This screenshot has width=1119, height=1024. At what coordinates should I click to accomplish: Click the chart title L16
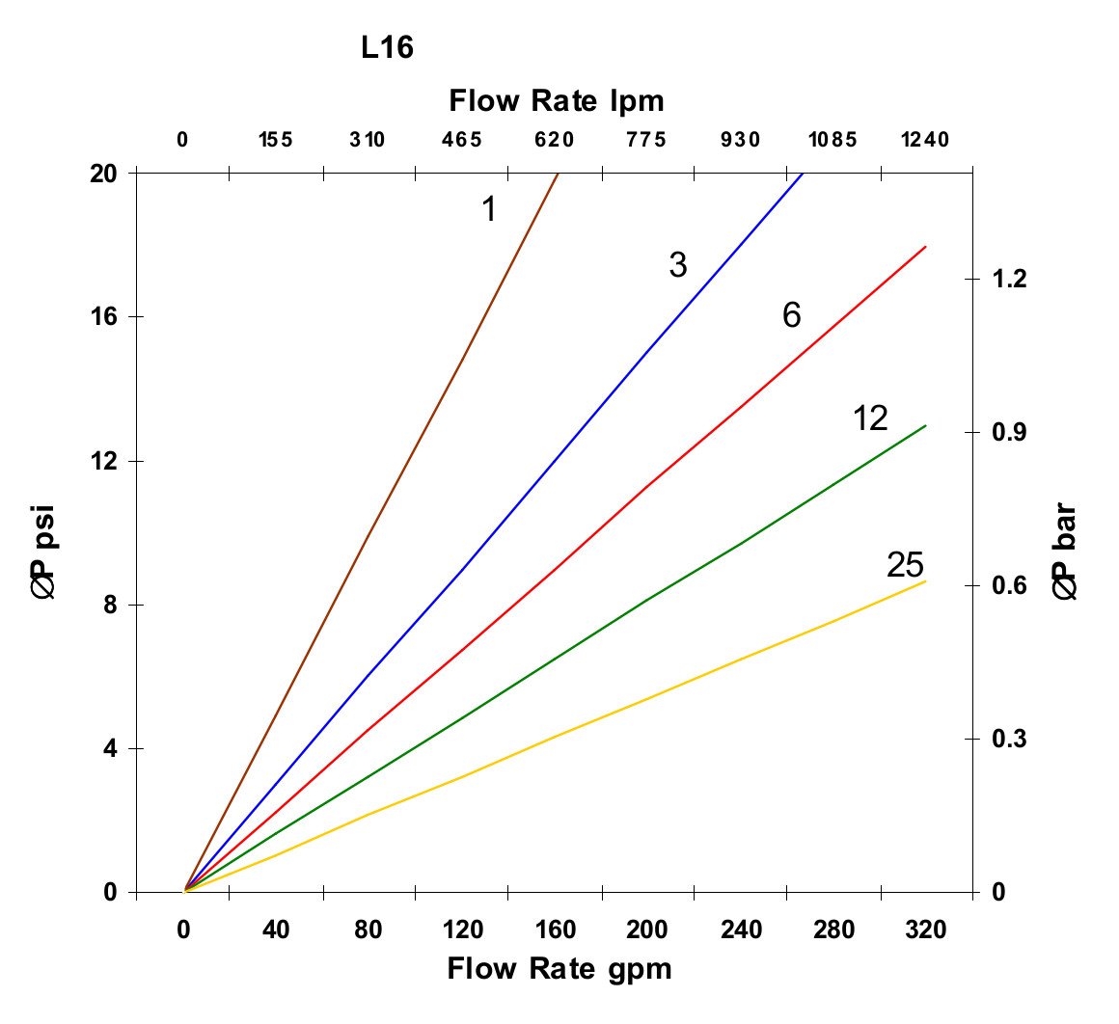point(388,48)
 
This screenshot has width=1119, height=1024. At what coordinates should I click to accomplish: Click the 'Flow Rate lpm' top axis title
point(557,100)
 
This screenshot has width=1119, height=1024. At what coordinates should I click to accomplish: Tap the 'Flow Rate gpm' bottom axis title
point(559,968)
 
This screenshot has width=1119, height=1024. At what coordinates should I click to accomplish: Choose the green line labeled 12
point(646,599)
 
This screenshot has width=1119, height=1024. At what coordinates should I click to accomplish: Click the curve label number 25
point(905,566)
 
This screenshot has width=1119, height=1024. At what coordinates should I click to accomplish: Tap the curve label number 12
point(870,418)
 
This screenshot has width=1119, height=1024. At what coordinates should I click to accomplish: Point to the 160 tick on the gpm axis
point(556,930)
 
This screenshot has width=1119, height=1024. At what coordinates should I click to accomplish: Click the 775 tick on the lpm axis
point(646,140)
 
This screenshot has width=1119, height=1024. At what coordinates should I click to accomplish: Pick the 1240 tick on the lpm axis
point(926,140)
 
